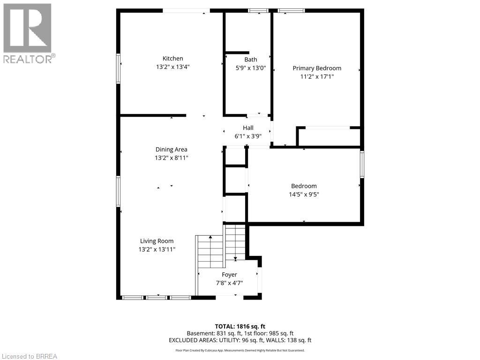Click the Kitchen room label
[x=172, y=59]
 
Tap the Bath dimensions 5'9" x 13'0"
[x=250, y=68]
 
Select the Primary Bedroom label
[x=317, y=68]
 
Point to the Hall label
[x=248, y=127]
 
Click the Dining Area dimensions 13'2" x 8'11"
[x=171, y=158]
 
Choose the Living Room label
[x=157, y=241]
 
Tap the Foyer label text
[x=229, y=275]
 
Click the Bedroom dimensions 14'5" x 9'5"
[x=304, y=195]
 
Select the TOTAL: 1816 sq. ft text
[x=240, y=326]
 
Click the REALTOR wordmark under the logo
[x=30, y=59]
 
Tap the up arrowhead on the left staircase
[x=210, y=237]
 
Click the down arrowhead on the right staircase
[x=235, y=259]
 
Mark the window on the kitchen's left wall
[x=118, y=68]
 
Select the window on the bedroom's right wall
[x=362, y=165]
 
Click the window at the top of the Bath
[x=258, y=11]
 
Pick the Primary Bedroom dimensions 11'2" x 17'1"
[x=317, y=76]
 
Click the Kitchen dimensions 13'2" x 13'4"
[x=172, y=67]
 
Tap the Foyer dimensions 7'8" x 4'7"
[x=229, y=283]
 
